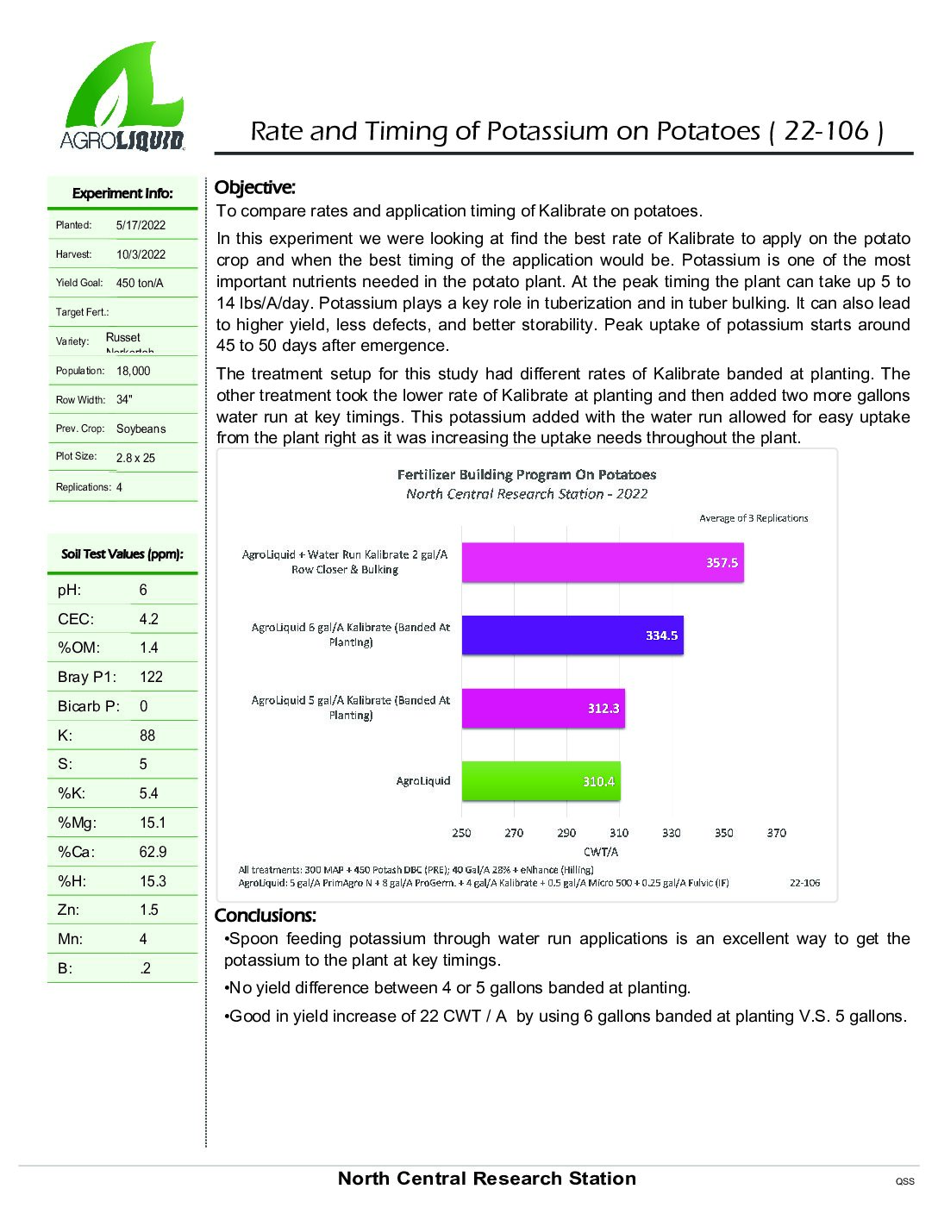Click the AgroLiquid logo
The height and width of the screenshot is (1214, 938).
point(122,97)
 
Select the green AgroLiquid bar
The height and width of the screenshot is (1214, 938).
point(541,781)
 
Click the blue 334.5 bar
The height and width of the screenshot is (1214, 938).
point(572,635)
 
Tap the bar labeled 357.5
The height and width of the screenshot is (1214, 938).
point(602,563)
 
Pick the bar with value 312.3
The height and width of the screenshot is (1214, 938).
point(543,708)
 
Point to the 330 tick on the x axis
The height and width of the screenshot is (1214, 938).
point(672,833)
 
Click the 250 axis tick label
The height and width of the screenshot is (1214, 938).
point(461,833)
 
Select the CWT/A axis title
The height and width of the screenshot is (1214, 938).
point(601,852)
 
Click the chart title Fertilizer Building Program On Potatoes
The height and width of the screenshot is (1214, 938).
point(527,474)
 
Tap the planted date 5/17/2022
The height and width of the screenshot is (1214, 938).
point(141,225)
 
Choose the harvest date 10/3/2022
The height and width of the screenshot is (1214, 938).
point(141,254)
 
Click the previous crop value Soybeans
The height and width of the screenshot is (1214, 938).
point(141,429)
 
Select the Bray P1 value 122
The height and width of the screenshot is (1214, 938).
point(151,677)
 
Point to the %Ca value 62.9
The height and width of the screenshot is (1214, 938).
point(153,852)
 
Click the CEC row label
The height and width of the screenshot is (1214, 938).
point(76,619)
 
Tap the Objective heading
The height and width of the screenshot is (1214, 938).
point(254,188)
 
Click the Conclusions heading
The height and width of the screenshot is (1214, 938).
point(266,916)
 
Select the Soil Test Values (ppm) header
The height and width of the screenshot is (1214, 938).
point(122,554)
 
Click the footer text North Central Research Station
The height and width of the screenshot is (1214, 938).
point(487,1179)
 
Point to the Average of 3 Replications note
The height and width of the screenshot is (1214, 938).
point(754,518)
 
